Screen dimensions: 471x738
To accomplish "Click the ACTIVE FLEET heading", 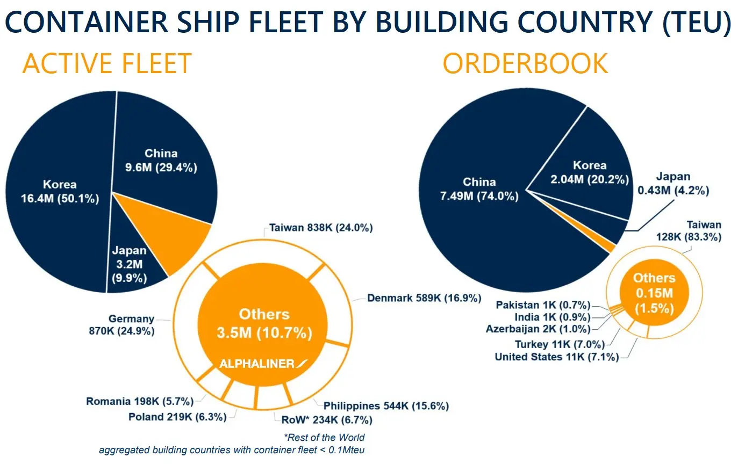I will [107, 64].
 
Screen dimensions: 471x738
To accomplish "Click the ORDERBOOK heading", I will [525, 64].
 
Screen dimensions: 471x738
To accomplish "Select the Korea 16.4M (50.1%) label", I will [60, 192].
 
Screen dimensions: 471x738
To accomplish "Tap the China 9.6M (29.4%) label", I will [161, 161].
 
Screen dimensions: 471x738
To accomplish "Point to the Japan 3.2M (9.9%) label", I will [129, 264].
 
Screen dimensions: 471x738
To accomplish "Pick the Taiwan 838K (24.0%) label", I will [321, 228].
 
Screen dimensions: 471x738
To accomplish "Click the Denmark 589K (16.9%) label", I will [424, 298].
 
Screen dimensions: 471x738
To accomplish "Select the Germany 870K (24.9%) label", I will [122, 325].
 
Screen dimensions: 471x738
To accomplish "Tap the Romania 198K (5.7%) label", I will [140, 401].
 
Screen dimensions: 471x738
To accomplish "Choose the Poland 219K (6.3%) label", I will [177, 417].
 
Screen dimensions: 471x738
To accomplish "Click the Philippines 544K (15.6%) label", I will [386, 406].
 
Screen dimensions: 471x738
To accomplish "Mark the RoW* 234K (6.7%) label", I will [327, 420].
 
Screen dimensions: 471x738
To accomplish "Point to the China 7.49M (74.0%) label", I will [479, 189].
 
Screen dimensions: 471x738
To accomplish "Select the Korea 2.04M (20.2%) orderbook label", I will [589, 172].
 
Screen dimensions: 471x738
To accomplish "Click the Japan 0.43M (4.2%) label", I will [673, 184].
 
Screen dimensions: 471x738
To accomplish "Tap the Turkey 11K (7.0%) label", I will [560, 344].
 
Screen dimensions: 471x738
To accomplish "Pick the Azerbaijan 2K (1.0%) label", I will [538, 329].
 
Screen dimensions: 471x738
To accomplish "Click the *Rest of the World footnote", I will [324, 437].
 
